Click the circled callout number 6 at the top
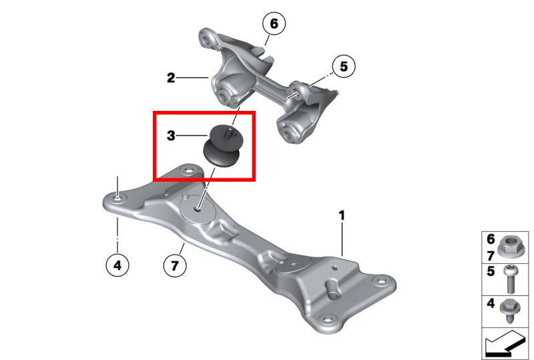click(274, 23)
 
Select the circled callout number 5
click(343, 66)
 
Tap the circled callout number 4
click(117, 265)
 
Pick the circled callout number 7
click(175, 265)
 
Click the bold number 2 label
click(171, 77)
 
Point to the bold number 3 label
click(171, 136)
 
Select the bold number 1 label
click(342, 216)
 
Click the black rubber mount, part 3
click(223, 145)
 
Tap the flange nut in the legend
click(508, 247)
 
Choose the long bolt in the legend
click(511, 279)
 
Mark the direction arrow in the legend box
click(505, 343)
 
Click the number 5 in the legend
click(491, 271)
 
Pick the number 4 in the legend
click(491, 303)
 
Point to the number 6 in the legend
click(491, 239)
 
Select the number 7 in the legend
click(491, 256)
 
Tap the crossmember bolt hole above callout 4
click(117, 198)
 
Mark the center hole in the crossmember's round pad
click(198, 209)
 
